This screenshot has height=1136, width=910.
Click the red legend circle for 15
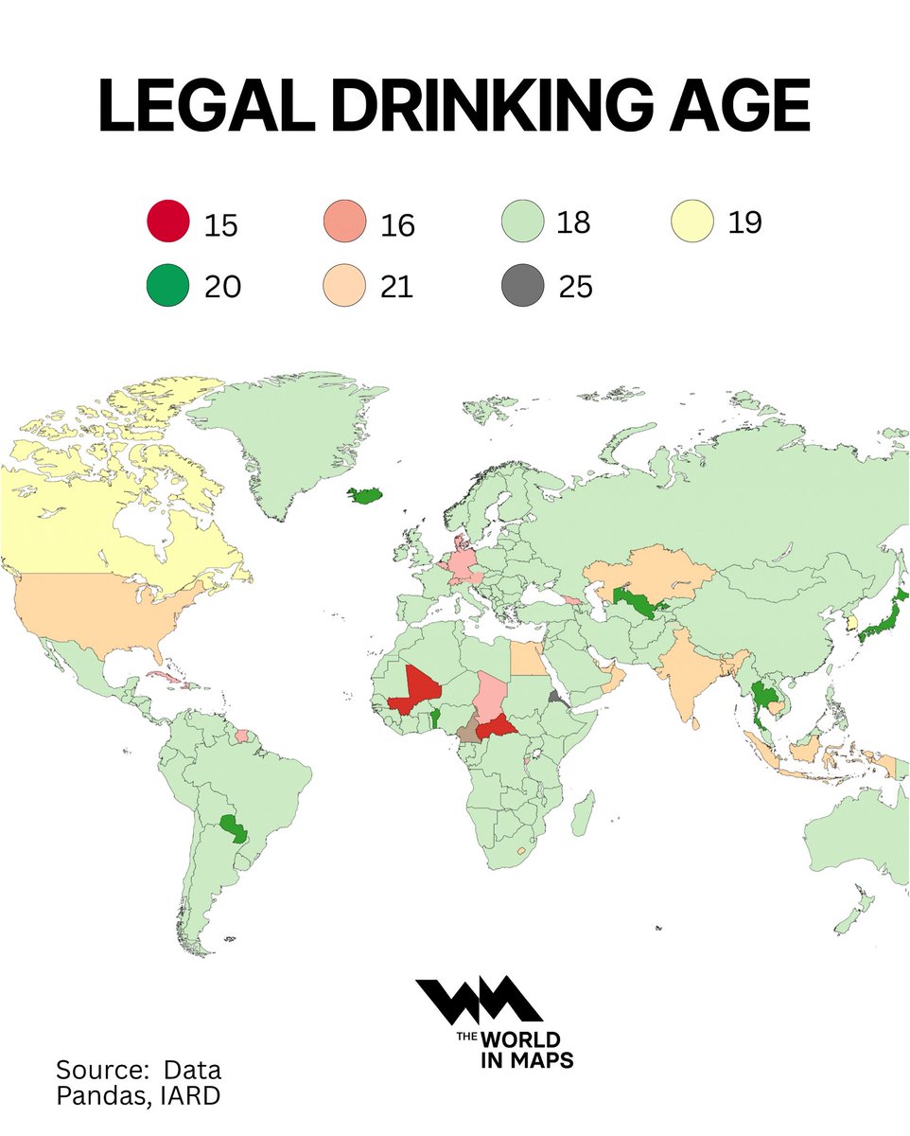(168, 223)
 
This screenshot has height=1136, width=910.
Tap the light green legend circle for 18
(521, 223)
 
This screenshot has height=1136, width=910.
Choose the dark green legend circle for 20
(168, 286)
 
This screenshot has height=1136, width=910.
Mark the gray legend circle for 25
(521, 286)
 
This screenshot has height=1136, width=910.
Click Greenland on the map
(284, 445)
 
